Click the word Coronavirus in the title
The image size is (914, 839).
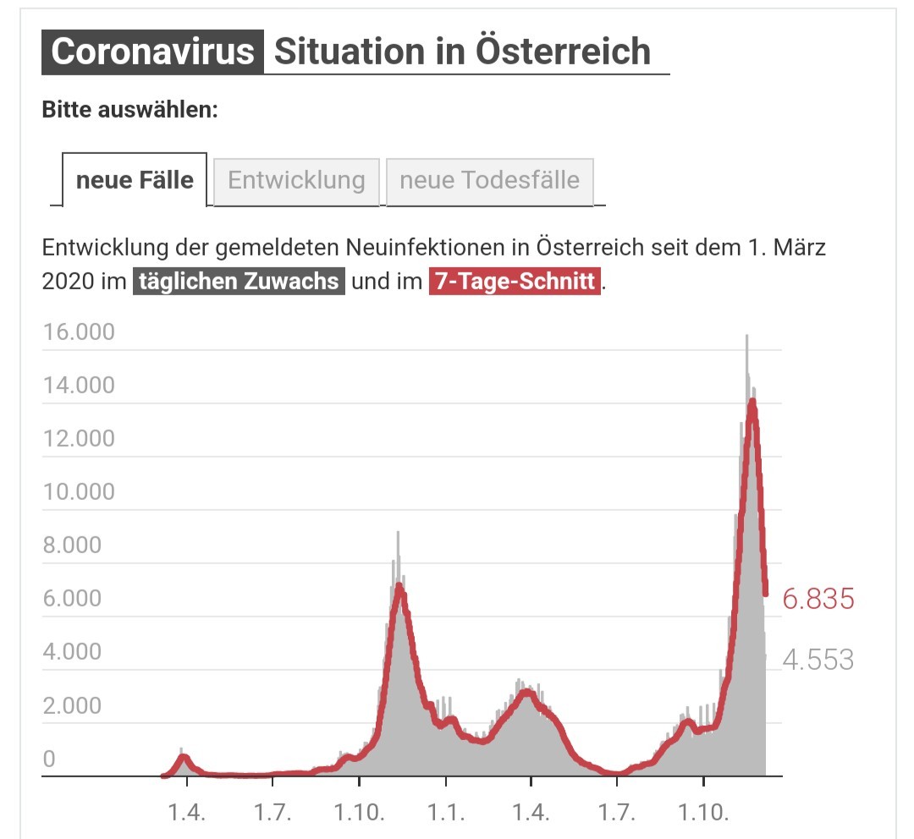[152, 52]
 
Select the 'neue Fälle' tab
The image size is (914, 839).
[135, 180]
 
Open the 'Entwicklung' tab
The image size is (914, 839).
[296, 181]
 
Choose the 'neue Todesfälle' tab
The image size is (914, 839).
[490, 181]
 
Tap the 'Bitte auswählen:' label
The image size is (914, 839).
[130, 110]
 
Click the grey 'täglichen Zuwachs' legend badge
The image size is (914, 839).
[239, 281]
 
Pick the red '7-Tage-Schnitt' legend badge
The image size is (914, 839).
[515, 281]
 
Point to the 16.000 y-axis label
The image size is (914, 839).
[80, 332]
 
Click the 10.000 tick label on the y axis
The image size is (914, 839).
[80, 491]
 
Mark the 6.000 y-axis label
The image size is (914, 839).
[72, 598]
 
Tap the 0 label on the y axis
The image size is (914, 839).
[50, 759]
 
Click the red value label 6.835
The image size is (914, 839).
[818, 599]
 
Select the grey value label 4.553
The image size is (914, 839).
[818, 661]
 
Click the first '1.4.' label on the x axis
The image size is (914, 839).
[186, 812]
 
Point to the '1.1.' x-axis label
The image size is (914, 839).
[446, 812]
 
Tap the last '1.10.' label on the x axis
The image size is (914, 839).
[703, 812]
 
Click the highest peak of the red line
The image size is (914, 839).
[752, 402]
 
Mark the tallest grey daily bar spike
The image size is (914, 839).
[746, 336]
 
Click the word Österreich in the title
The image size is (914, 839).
[563, 51]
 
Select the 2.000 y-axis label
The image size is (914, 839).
[72, 705]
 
